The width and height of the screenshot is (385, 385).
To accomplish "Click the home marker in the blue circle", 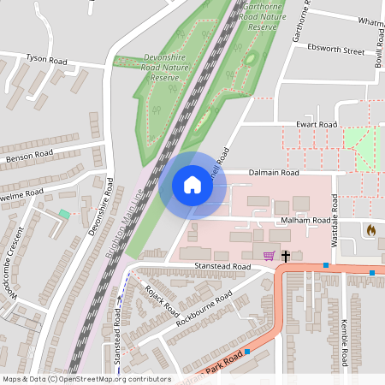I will click(192, 185).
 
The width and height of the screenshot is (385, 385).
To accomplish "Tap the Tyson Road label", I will click(46, 60).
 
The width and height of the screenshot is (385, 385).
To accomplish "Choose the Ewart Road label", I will click(317, 125).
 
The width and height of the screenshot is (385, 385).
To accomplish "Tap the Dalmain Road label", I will click(274, 173).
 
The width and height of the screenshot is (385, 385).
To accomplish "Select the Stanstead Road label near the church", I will click(222, 267).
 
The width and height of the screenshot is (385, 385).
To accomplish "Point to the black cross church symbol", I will click(285, 255).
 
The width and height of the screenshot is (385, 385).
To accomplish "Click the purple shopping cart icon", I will click(269, 255).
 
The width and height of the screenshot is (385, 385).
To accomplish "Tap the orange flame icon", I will click(370, 230).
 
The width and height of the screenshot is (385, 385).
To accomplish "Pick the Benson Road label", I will click(29, 157).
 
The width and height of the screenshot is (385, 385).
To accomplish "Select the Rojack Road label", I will click(162, 299).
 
